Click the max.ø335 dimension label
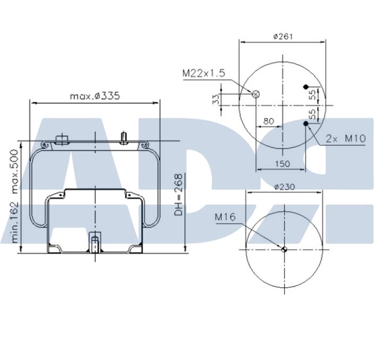pos(95,96)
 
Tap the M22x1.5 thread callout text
pos(203,73)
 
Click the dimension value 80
pos(269,121)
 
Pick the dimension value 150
pos(282,164)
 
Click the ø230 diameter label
pos(284,187)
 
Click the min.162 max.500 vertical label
pos(14,197)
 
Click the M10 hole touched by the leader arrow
pos(306,123)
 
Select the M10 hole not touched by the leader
pos(306,87)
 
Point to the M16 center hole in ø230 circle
pos(284,250)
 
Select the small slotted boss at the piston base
pos(95,240)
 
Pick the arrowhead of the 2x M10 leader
pos(308,127)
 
